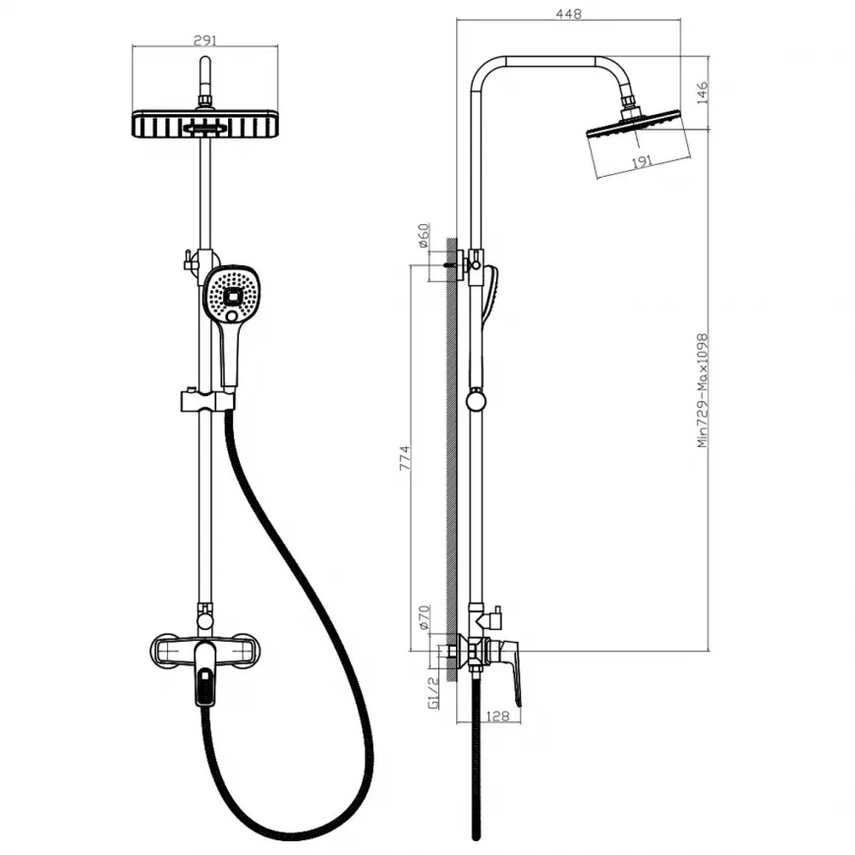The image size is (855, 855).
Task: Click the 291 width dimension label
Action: click(x=205, y=40)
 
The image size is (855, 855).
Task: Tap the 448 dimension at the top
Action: click(x=569, y=14)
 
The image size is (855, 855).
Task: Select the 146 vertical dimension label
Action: click(x=702, y=92)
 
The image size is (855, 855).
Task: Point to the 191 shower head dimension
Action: click(x=642, y=162)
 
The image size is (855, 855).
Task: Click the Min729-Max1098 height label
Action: click(x=703, y=390)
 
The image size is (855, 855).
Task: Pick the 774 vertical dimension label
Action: click(x=404, y=458)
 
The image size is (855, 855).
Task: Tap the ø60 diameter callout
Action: click(x=424, y=236)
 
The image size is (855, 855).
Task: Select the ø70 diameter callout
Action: click(x=424, y=618)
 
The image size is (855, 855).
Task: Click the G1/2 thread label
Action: click(x=433, y=693)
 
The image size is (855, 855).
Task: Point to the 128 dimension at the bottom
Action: click(x=496, y=715)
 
